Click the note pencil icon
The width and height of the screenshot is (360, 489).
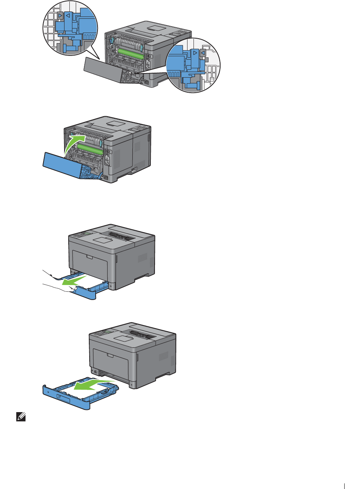pos(21,417)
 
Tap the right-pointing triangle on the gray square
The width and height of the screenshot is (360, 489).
pos(60,16)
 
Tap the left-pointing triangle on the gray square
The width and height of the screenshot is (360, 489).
pos(202,53)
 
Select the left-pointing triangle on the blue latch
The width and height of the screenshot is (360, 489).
pos(68,16)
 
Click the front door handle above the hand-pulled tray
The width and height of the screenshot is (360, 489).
pos(89,257)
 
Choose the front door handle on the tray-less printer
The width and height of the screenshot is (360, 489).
pos(110,355)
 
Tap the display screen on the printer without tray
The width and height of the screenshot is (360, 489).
pos(108,331)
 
